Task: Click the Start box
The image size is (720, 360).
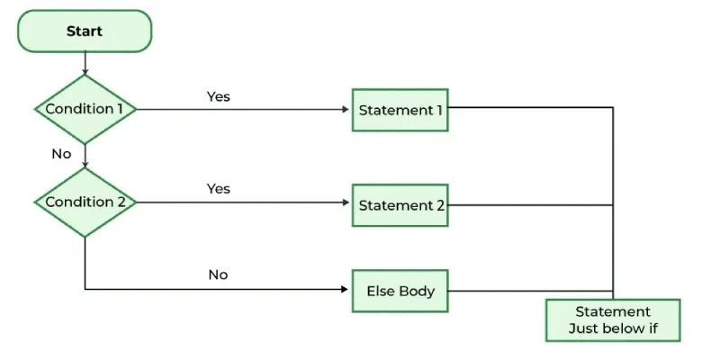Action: [85, 31]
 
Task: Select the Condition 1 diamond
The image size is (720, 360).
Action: [85, 109]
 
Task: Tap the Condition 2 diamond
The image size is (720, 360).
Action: [85, 202]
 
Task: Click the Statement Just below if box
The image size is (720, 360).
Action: [612, 319]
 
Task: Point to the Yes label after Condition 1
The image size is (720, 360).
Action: [219, 95]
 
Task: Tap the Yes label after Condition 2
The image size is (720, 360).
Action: [219, 188]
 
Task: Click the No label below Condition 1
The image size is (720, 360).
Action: [61, 154]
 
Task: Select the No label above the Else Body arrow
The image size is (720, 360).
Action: [218, 274]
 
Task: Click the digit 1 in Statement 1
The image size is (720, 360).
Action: [440, 110]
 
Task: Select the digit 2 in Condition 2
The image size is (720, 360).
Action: [121, 202]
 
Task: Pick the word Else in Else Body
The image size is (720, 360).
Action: [380, 291]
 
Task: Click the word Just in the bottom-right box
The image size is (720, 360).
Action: [586, 328]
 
